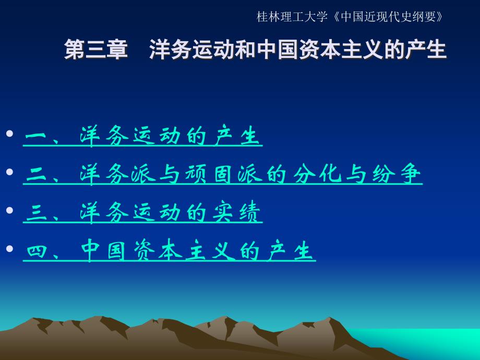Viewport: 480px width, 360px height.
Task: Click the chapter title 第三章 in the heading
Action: pos(96,50)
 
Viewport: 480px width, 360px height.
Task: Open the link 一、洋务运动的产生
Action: pos(142,136)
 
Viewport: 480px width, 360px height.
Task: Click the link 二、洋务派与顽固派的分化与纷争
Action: pos(223,174)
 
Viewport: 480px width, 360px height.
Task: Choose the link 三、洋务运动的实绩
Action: pos(142,212)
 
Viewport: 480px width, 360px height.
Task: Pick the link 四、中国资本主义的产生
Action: pos(169,250)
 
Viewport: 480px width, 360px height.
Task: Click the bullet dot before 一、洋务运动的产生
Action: pos(9,134)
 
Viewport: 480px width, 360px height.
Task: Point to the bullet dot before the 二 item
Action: pos(9,172)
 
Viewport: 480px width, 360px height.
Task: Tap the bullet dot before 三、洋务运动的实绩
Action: pos(9,210)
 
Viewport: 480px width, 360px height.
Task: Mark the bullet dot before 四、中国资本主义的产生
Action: pos(9,248)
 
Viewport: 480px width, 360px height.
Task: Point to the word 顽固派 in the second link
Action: pos(223,174)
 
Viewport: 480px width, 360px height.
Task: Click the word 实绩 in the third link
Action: pos(236,212)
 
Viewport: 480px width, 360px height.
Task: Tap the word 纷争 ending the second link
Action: pos(397,174)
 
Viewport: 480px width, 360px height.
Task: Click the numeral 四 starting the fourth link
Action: pos(36,251)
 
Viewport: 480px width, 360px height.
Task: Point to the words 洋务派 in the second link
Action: pos(118,174)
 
